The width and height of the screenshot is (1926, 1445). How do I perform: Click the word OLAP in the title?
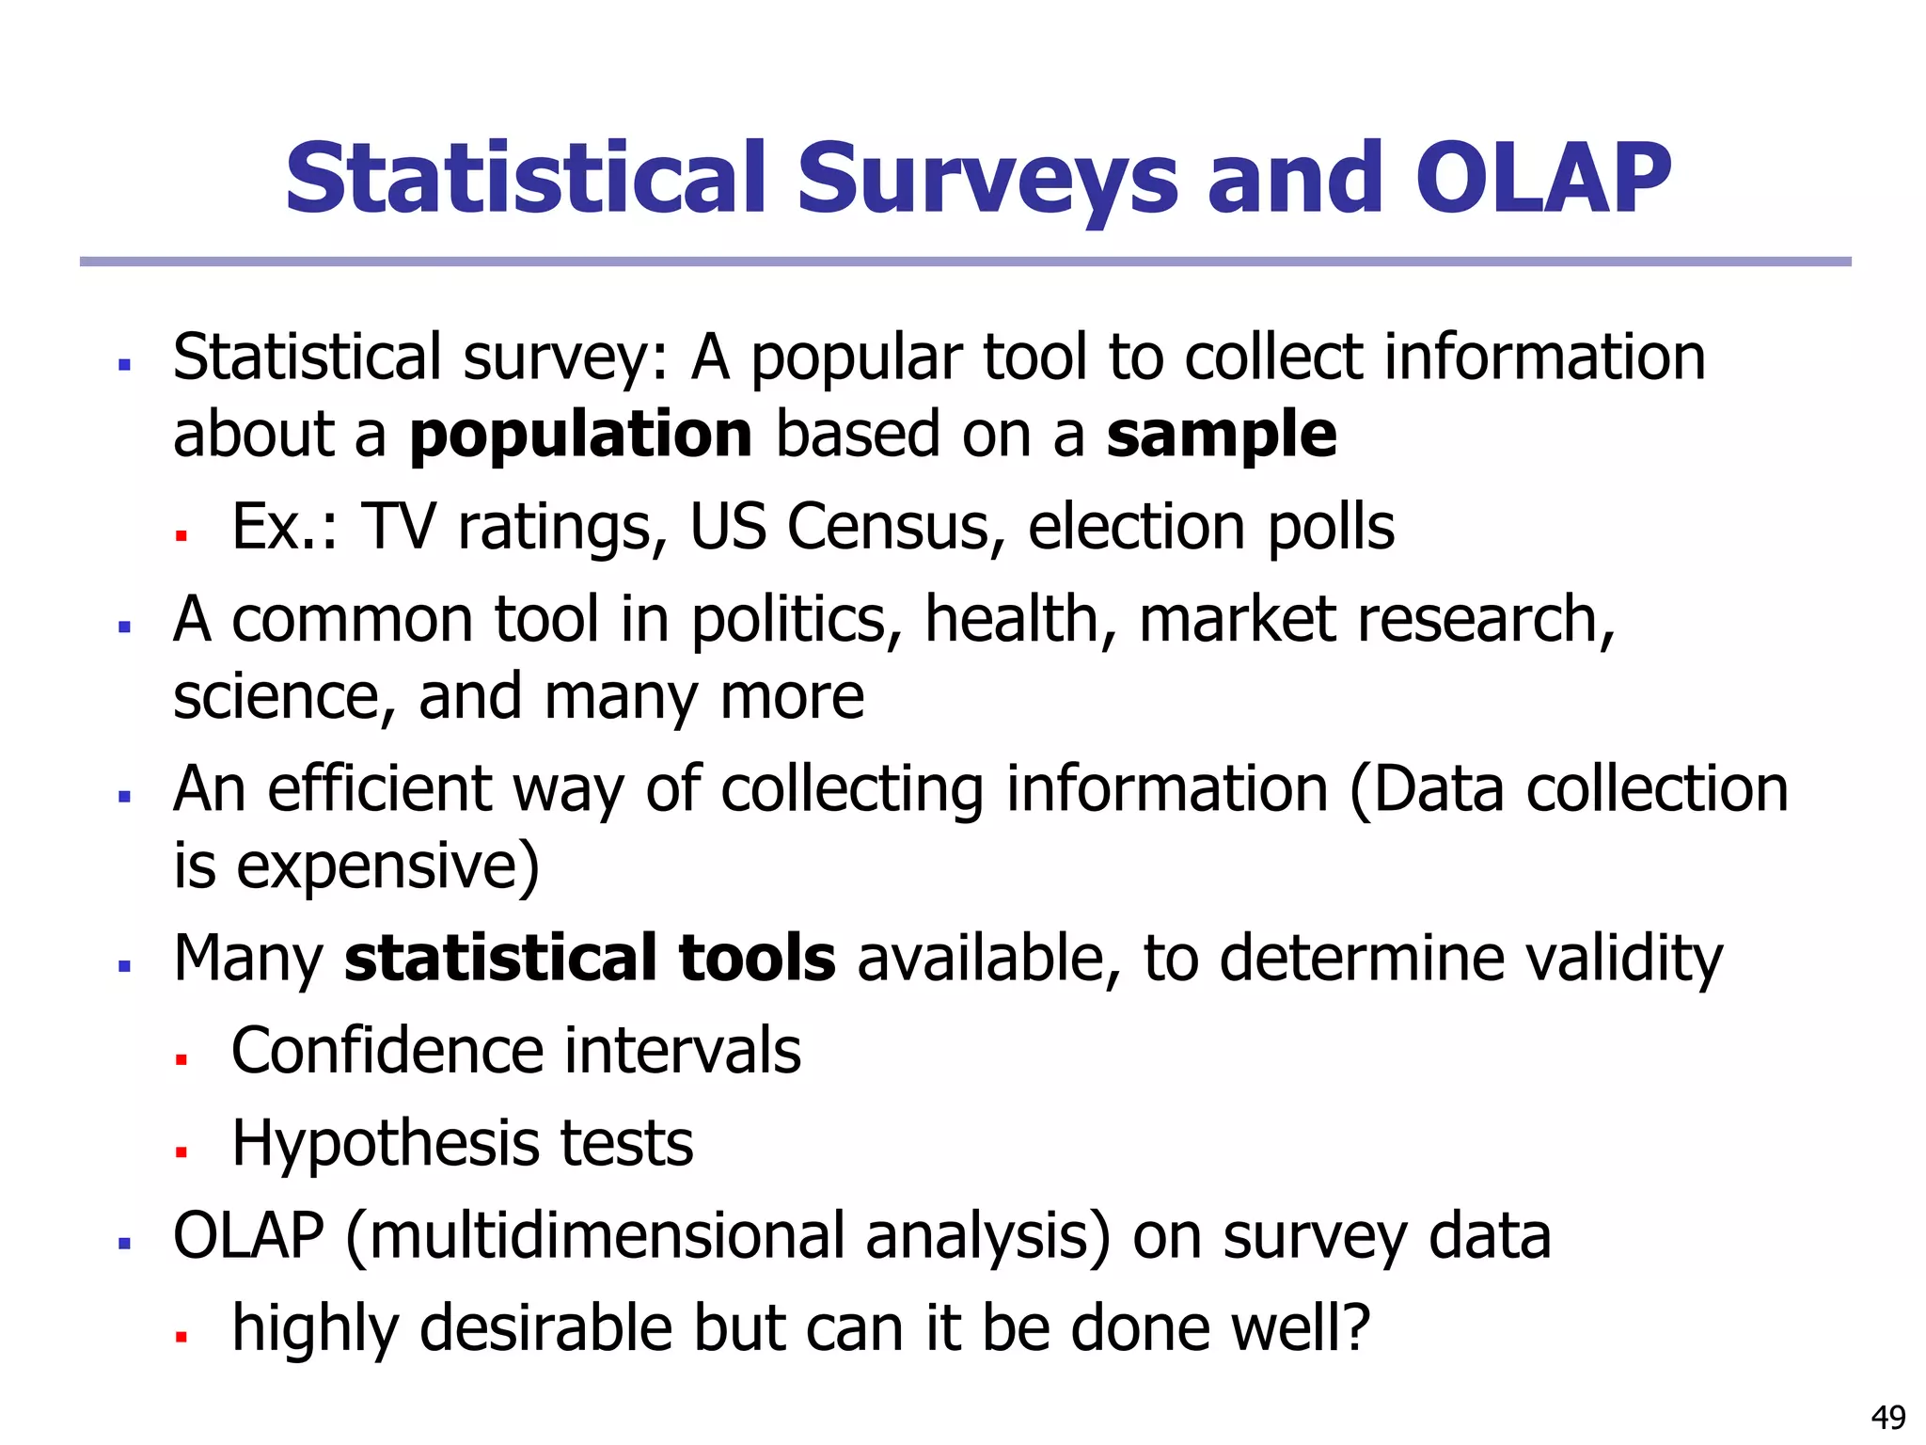(1542, 179)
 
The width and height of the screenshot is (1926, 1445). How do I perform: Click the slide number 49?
(1888, 1417)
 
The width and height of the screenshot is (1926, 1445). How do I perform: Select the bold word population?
(580, 436)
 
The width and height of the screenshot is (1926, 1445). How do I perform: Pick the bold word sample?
(1221, 436)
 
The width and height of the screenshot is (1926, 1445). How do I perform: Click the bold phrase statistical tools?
(590, 958)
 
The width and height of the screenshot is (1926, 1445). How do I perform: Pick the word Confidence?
(387, 1051)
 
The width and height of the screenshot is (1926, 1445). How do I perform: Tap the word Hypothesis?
(385, 1144)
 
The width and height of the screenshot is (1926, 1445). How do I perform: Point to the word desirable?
(545, 1328)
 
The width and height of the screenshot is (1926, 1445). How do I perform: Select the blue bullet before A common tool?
(124, 627)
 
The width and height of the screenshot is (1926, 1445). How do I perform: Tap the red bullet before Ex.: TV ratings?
(182, 535)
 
